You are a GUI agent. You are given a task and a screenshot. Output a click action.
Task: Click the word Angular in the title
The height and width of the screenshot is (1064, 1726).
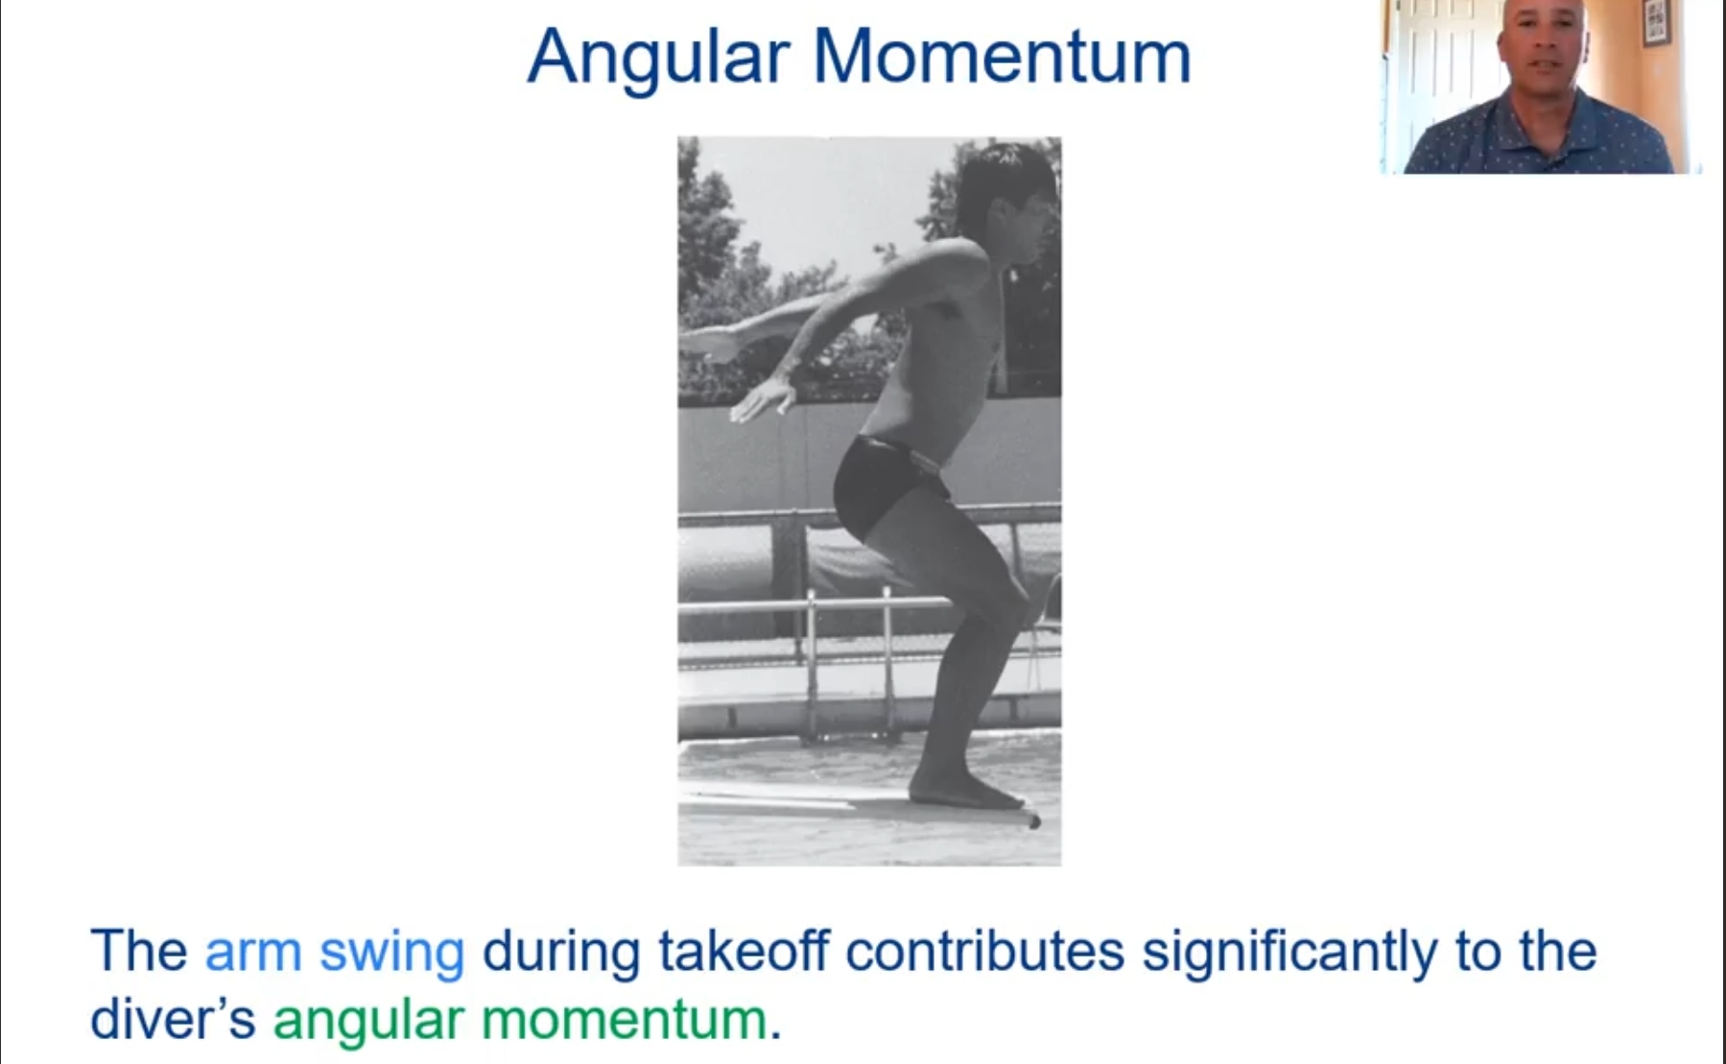click(657, 58)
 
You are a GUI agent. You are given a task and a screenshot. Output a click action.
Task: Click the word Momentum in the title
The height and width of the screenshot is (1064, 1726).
click(1002, 58)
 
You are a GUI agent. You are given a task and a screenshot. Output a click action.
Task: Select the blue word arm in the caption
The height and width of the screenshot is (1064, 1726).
click(252, 951)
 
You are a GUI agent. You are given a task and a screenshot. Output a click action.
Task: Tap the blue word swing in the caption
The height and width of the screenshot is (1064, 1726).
click(391, 953)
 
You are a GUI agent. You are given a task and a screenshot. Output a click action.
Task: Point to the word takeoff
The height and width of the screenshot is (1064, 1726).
click(743, 951)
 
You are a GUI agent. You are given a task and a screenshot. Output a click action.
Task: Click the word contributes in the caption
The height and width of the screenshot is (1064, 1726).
click(984, 951)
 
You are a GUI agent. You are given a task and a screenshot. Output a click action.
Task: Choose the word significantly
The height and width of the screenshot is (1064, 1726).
click(1289, 953)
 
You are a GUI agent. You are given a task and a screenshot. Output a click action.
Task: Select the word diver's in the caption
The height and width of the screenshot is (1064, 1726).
click(173, 1019)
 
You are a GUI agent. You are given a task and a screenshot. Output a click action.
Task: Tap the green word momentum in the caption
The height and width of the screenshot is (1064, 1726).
click(624, 1019)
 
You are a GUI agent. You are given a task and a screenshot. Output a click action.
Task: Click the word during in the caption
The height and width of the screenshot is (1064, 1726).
click(561, 951)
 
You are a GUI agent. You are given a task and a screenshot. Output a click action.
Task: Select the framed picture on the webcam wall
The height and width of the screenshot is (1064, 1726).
click(1656, 21)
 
